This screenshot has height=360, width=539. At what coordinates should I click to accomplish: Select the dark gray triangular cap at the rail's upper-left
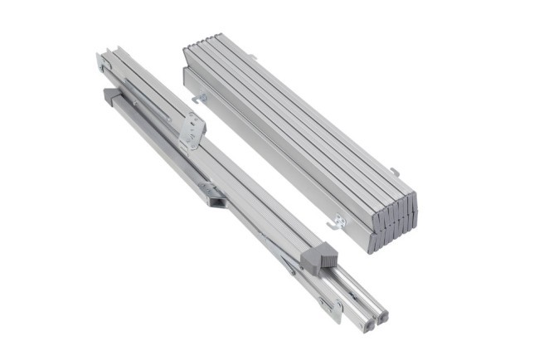click(x=110, y=97)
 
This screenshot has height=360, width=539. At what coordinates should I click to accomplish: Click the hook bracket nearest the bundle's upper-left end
click(x=201, y=100)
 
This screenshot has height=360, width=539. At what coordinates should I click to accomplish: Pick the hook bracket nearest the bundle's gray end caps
click(x=337, y=222)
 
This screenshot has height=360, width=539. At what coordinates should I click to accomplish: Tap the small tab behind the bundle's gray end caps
click(x=396, y=172)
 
